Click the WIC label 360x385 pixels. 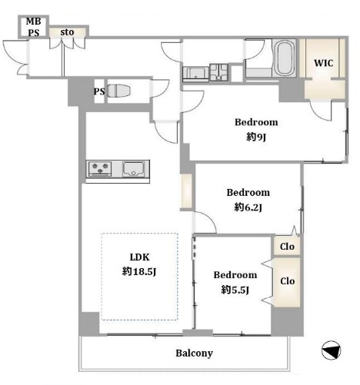(x=324, y=63)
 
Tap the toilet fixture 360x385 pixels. (x=118, y=91)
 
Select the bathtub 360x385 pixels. (x=285, y=58)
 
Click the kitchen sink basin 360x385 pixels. (x=133, y=169)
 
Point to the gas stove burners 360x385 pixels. (x=100, y=168)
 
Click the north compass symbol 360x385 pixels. (x=332, y=350)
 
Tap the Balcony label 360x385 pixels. (x=194, y=353)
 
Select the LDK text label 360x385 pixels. (x=139, y=257)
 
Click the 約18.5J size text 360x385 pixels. (x=139, y=271)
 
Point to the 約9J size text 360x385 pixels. (x=256, y=138)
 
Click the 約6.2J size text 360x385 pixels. (x=248, y=207)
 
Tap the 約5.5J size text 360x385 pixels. (x=235, y=290)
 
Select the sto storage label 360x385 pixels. (x=67, y=32)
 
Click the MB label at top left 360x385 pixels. (x=34, y=22)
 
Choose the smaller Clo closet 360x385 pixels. (x=287, y=246)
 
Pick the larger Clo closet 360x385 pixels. (x=287, y=282)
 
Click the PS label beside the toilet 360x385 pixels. (x=99, y=91)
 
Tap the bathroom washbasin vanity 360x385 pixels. (x=195, y=73)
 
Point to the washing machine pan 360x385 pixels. (x=218, y=72)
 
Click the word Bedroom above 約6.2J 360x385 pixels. (x=248, y=193)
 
